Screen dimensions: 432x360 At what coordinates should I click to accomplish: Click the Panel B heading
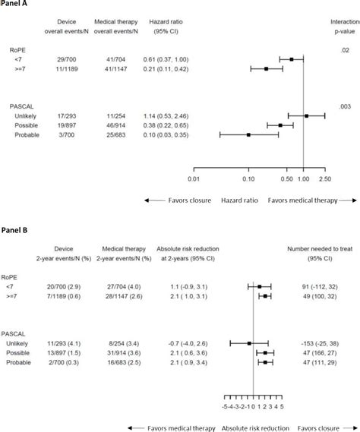(16, 229)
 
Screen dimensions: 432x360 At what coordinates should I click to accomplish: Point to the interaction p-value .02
(355, 49)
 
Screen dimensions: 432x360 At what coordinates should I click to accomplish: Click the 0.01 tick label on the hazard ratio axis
(194, 180)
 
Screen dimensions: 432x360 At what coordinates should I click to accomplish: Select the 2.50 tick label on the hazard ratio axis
(326, 180)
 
